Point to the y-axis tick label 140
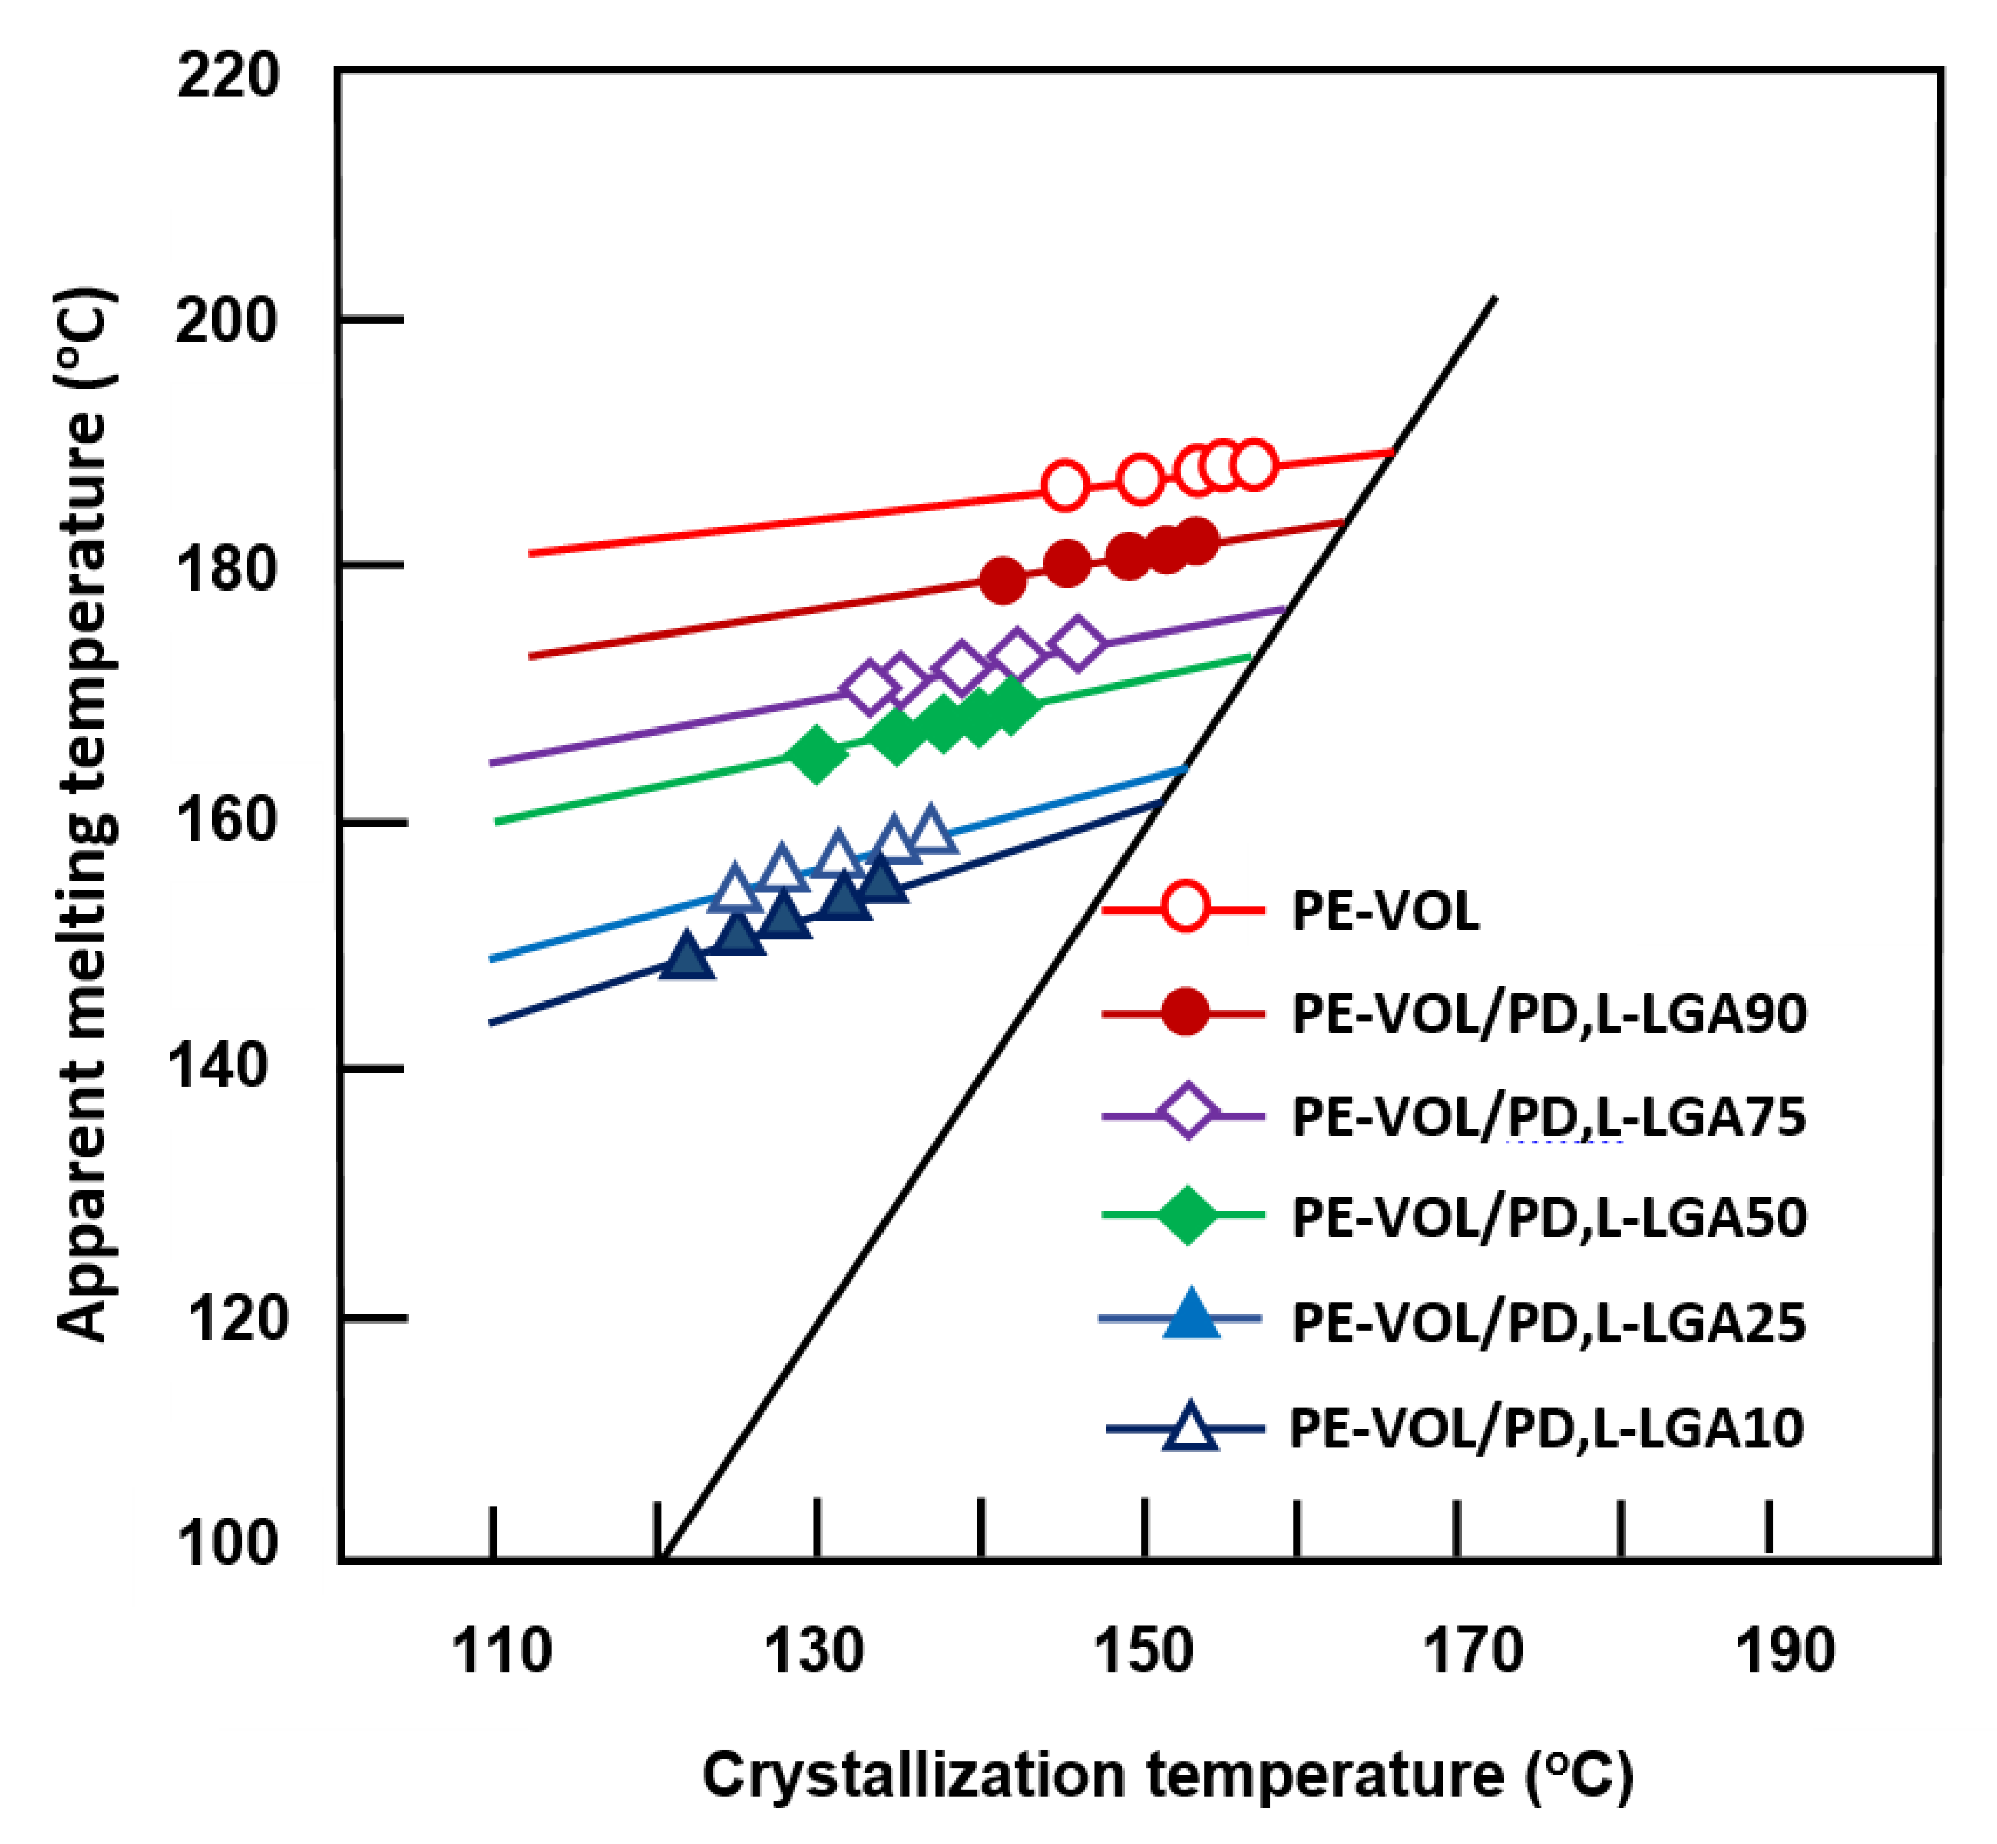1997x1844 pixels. [x=219, y=1066]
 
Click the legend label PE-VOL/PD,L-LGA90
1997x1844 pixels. [x=1549, y=1014]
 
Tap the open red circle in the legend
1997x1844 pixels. [x=1186, y=907]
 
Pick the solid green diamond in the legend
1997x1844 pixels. [x=1186, y=1215]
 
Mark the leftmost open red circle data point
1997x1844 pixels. [x=1065, y=486]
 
